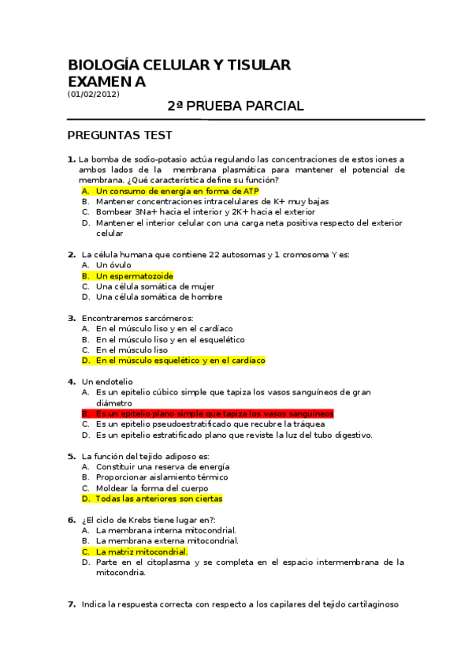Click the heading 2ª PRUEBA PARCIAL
pos(236,107)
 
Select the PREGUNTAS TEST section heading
pos(120,136)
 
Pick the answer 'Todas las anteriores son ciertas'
pos(158,499)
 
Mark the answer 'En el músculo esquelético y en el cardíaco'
pos(180,361)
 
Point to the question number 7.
pos(71,604)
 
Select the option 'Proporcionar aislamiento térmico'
pos(162,477)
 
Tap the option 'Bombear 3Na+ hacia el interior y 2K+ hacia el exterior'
pos(205,212)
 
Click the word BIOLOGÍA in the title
pos(102,65)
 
